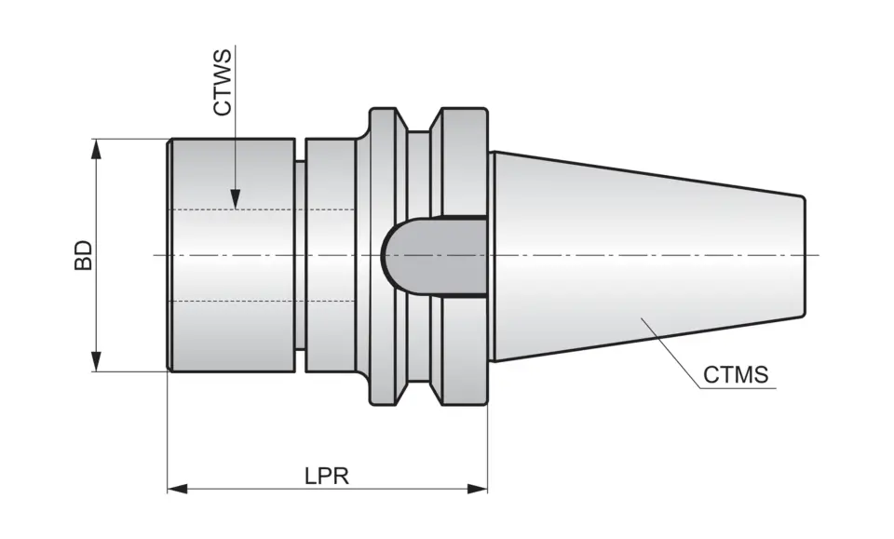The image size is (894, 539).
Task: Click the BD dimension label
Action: coord(84,255)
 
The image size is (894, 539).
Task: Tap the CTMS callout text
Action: coord(736,375)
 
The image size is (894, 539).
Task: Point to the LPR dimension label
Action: coord(326,476)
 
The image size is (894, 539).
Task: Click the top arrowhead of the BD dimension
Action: coord(95,149)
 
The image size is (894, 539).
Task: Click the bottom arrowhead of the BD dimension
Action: coord(95,361)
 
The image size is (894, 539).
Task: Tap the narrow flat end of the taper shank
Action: coord(804,255)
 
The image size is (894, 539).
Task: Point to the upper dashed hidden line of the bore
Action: coord(261,209)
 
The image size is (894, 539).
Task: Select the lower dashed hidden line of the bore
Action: coord(261,302)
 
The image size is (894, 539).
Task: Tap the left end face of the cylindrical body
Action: coord(169,255)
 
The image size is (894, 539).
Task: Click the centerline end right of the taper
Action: coord(814,255)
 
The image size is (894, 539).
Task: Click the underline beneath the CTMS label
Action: coord(736,388)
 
